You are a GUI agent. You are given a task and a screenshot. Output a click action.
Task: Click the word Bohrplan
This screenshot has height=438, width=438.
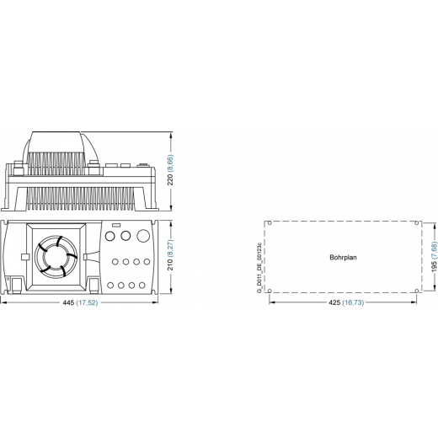click(343, 257)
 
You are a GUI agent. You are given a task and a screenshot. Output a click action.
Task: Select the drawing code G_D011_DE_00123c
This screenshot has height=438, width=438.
click(259, 267)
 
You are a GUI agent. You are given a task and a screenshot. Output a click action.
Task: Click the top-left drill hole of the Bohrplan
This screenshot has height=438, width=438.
click(270, 223)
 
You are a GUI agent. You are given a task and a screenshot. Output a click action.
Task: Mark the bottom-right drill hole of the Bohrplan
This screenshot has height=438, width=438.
click(417, 291)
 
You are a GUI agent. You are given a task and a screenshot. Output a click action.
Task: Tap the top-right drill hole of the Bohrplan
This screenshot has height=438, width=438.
click(417, 223)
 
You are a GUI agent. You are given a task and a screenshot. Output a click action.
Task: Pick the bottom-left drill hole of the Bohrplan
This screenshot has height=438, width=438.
click(270, 291)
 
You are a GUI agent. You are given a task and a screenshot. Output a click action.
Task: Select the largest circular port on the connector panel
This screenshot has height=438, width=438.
click(143, 236)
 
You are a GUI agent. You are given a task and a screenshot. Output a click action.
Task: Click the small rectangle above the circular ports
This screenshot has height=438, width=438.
click(116, 225)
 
